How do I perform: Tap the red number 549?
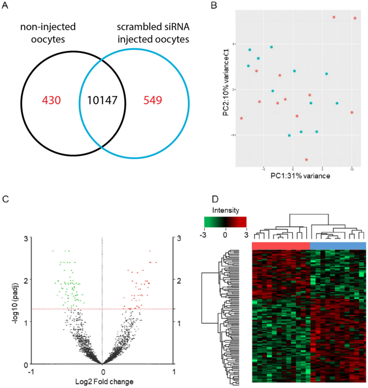154,100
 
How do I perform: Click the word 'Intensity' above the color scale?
225,210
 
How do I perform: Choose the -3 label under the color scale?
205,234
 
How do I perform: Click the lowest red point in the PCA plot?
307,160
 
